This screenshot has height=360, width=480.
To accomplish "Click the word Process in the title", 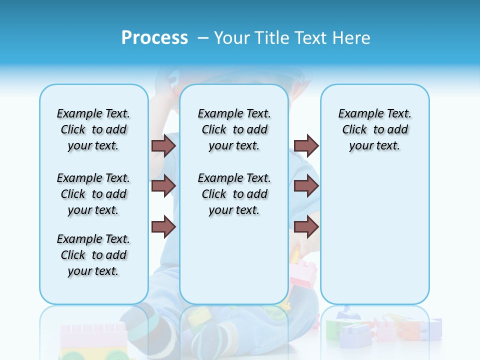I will pos(154,37).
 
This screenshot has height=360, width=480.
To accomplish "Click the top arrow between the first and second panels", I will pos(163,145).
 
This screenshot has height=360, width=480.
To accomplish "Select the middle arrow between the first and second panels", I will pos(163,186).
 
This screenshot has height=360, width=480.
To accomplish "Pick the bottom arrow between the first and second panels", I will pos(163,227).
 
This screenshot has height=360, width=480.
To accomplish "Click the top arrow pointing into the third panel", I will pos(306,145).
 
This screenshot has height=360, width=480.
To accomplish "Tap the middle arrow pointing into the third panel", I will pos(306,186).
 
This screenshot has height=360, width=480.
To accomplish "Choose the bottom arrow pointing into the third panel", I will pos(306,227).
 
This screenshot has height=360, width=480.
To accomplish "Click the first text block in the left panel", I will pos(93,129).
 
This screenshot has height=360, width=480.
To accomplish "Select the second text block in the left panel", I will pos(93,194).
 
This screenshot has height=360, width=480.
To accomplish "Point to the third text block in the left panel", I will pos(93,255).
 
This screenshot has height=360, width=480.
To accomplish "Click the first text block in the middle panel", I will pos(234,129).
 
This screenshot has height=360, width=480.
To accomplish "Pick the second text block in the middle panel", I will pos(234,194).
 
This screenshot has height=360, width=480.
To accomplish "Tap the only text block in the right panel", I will pos(374,129).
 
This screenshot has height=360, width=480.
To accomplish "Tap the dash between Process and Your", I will pos(203,37).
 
